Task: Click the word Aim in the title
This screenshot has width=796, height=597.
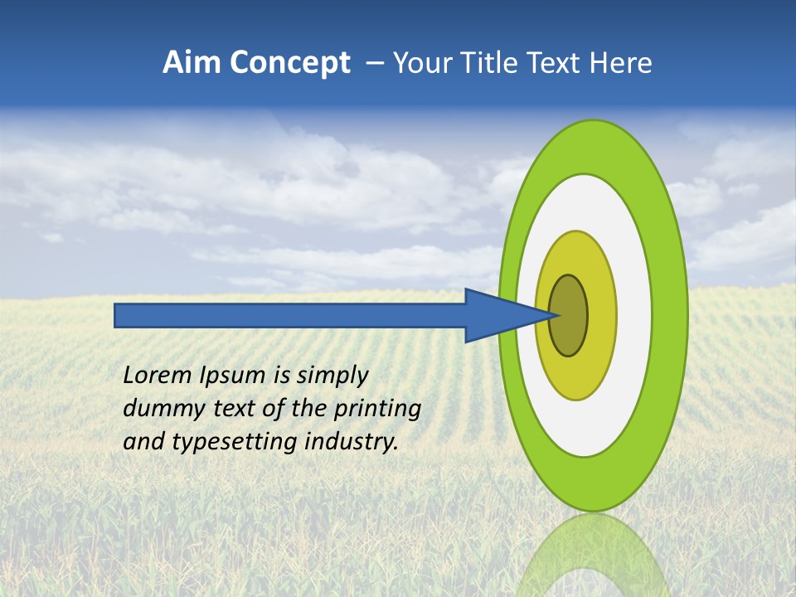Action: (192, 63)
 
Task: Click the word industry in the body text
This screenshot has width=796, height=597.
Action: (352, 442)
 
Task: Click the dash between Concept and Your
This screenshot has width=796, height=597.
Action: (374, 63)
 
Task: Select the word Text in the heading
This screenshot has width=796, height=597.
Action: (555, 63)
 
